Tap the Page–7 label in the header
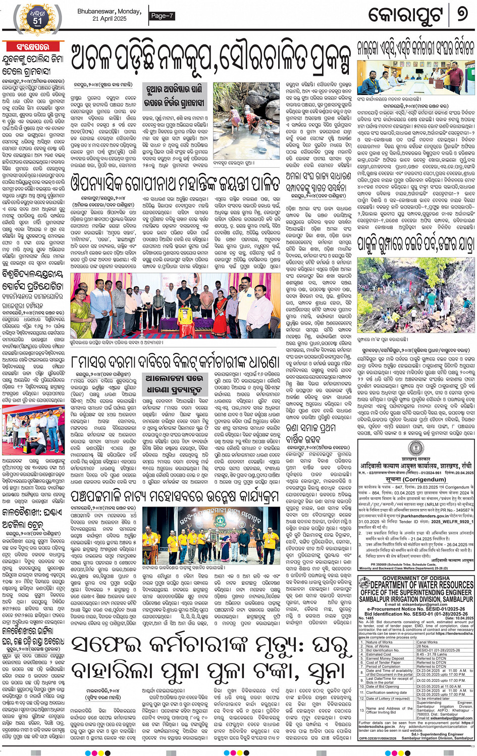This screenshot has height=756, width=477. click(162, 16)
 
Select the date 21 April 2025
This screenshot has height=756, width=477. click(110, 19)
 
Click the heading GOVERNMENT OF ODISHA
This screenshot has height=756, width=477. click(415, 578)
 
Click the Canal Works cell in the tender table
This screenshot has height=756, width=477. click(427, 642)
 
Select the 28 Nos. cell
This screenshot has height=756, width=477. click(422, 646)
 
